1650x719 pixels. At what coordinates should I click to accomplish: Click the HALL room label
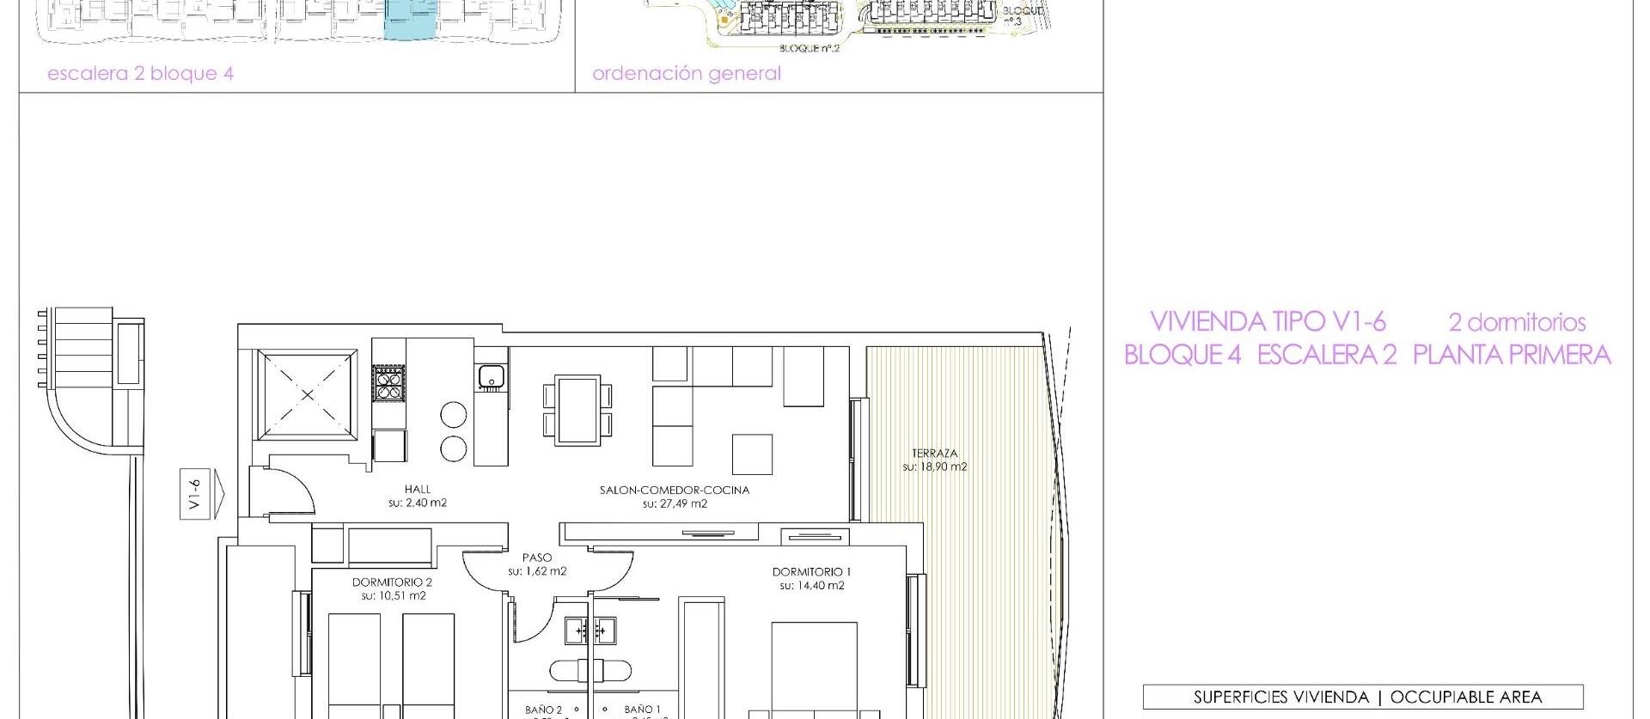(418, 489)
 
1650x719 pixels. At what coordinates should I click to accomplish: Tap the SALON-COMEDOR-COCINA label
(675, 490)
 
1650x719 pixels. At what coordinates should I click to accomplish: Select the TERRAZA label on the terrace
(935, 453)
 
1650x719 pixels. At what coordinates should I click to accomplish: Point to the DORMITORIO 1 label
(811, 571)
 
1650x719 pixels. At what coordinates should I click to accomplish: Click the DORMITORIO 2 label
(392, 582)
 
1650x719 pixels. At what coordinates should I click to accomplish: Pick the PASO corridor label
(537, 558)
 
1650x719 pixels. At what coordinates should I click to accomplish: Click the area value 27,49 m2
(675, 503)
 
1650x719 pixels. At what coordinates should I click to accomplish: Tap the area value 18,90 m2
(935, 466)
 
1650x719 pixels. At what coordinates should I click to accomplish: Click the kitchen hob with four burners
(388, 383)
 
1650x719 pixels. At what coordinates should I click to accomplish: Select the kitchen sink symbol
(491, 376)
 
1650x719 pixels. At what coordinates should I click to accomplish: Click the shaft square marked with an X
(308, 394)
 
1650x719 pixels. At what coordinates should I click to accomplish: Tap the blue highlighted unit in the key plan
(410, 20)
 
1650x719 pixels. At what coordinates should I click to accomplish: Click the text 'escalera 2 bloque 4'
(140, 73)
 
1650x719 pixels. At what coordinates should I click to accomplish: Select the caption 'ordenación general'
(687, 73)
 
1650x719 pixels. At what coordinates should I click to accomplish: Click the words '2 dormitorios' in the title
(1517, 322)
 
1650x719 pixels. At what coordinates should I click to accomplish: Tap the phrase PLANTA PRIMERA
(1512, 355)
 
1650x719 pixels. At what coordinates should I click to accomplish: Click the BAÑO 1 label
(643, 710)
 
